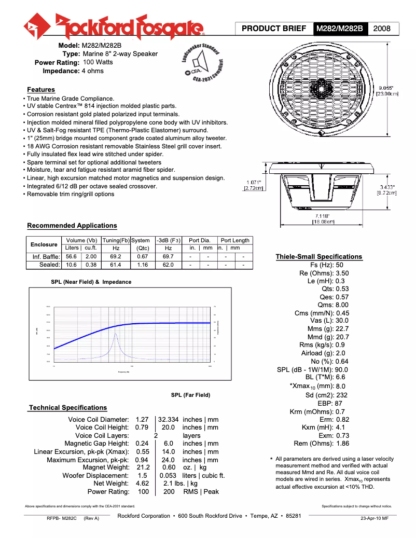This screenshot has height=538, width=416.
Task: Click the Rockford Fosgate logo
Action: [114, 25]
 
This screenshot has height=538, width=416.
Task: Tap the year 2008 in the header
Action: [383, 29]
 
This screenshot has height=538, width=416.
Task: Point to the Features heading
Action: [41, 90]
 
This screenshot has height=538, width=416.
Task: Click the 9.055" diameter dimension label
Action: [386, 90]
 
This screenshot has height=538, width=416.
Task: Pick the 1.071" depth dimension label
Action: [254, 185]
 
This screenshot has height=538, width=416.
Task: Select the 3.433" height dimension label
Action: [386, 189]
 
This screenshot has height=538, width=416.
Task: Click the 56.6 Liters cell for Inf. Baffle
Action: [71, 256]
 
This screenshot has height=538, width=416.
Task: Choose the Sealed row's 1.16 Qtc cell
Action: [142, 265]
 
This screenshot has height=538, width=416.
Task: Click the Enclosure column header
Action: [44, 244]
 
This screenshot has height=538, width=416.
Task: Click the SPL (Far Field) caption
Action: [190, 395]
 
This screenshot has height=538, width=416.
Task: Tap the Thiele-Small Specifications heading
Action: [318, 257]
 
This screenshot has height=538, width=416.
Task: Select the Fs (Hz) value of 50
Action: [340, 265]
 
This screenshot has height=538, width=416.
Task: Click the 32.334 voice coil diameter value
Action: [169, 419]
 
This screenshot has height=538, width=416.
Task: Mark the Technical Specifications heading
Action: [68, 408]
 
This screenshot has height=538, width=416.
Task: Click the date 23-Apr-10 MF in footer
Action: [374, 518]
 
